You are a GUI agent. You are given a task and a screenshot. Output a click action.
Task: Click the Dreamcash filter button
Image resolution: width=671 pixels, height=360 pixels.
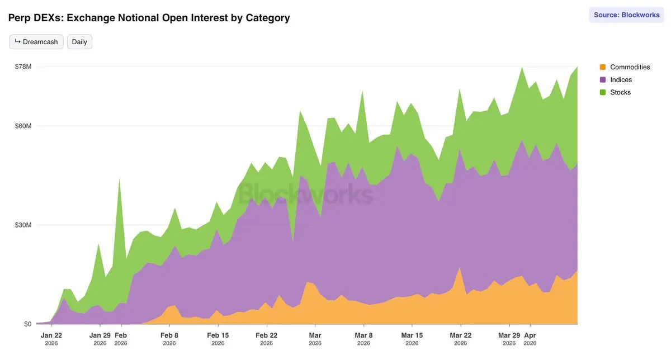pos(36,42)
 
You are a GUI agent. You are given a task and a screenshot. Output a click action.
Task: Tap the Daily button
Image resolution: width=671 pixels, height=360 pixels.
pos(79,42)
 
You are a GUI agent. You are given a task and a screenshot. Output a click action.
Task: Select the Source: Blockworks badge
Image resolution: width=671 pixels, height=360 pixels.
pos(626,15)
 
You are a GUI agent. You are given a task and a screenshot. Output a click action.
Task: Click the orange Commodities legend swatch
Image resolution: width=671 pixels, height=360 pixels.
pos(603,67)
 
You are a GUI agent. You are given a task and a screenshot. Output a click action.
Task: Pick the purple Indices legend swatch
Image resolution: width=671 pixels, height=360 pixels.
pos(603,80)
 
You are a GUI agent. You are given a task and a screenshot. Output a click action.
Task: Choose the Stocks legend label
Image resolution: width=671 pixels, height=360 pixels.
pos(620,92)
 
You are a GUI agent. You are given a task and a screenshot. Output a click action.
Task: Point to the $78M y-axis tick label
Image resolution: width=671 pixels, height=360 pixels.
pos(23,67)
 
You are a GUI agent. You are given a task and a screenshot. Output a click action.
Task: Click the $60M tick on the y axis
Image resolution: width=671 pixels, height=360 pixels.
pos(23,126)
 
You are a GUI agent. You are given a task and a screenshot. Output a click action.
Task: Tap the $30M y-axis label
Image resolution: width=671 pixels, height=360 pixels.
pos(23,225)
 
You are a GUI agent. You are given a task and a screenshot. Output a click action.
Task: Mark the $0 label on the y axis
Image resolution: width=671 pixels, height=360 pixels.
pos(27,324)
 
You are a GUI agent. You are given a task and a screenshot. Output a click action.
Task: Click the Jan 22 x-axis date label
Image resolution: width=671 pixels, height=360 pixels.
pos(51,335)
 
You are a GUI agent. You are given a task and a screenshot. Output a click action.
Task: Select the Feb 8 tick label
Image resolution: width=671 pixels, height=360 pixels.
pos(169,335)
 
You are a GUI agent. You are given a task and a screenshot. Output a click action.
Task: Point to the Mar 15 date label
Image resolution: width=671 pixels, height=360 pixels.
pos(412,335)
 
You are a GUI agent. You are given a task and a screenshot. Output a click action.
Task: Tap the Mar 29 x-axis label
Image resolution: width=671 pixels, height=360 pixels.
pos(509,335)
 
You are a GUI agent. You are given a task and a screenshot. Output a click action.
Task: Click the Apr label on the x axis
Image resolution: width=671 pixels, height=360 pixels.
pos(530,335)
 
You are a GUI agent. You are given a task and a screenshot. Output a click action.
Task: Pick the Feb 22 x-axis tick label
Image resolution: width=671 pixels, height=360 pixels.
pos(267,335)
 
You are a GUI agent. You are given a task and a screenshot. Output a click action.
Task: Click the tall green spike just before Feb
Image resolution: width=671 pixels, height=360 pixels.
pos(120,184)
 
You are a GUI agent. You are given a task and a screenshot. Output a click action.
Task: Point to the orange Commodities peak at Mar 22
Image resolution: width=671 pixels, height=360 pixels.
pos(460,269)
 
